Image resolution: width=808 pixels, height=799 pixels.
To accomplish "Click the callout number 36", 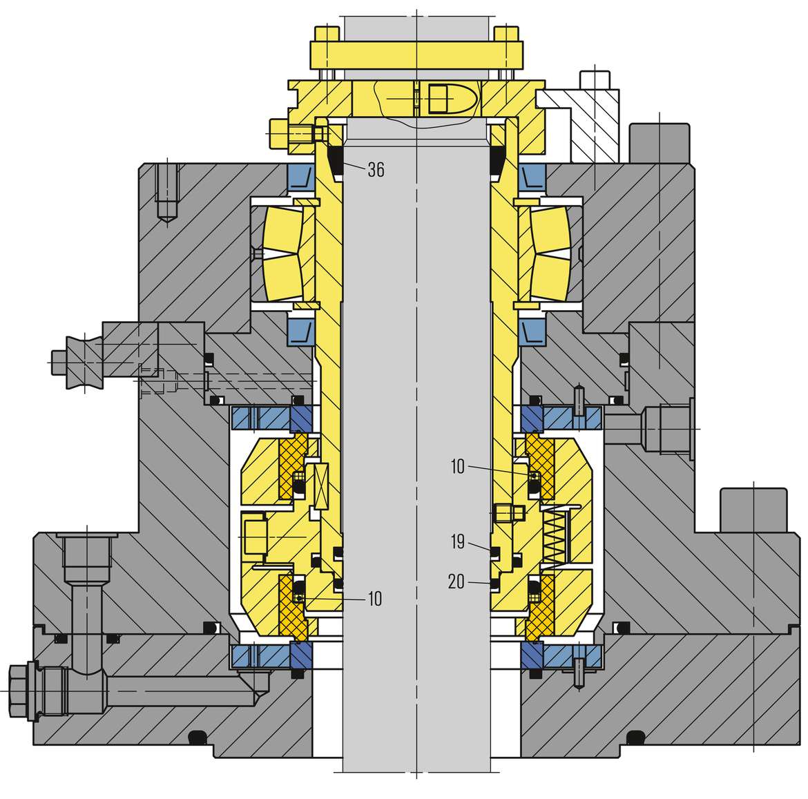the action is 376,169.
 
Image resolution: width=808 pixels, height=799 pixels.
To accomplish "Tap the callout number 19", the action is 458,542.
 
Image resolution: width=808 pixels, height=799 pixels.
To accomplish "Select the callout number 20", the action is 456,581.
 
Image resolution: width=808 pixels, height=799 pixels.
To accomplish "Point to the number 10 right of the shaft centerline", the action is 458,467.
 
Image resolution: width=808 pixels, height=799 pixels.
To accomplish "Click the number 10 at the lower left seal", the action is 374,599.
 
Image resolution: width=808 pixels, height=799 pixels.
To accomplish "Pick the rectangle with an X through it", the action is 320,486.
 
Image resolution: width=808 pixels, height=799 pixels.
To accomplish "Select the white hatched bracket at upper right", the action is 581,124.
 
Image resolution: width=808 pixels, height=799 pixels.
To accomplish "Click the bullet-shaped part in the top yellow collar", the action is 448,97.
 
